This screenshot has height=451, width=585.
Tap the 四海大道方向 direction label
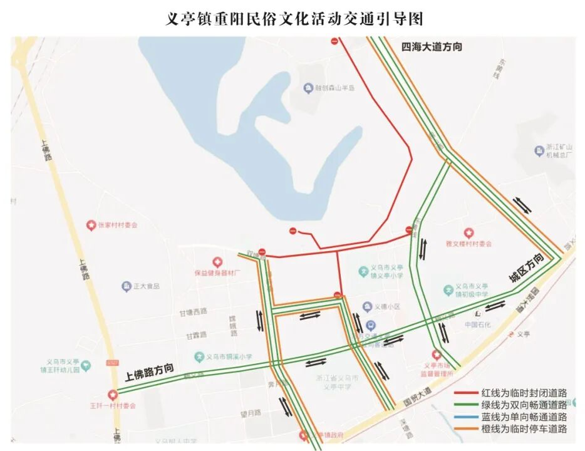pyautogui.click(x=432, y=46)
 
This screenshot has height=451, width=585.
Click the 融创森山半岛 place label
pyautogui.click(x=334, y=88)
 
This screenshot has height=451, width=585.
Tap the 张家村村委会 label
pyautogui.click(x=116, y=224)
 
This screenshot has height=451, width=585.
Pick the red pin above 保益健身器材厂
pyautogui.click(x=217, y=262)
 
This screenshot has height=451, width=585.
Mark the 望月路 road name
pyautogui.click(x=254, y=413)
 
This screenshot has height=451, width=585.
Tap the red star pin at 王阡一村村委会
pyautogui.click(x=113, y=395)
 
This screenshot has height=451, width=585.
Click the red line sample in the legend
pyautogui.click(x=466, y=393)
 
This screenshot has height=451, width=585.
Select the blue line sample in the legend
pyautogui.click(x=466, y=417)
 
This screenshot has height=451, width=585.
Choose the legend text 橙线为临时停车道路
pyautogui.click(x=525, y=429)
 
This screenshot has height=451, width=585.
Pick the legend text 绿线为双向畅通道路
pyautogui.click(x=525, y=405)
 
